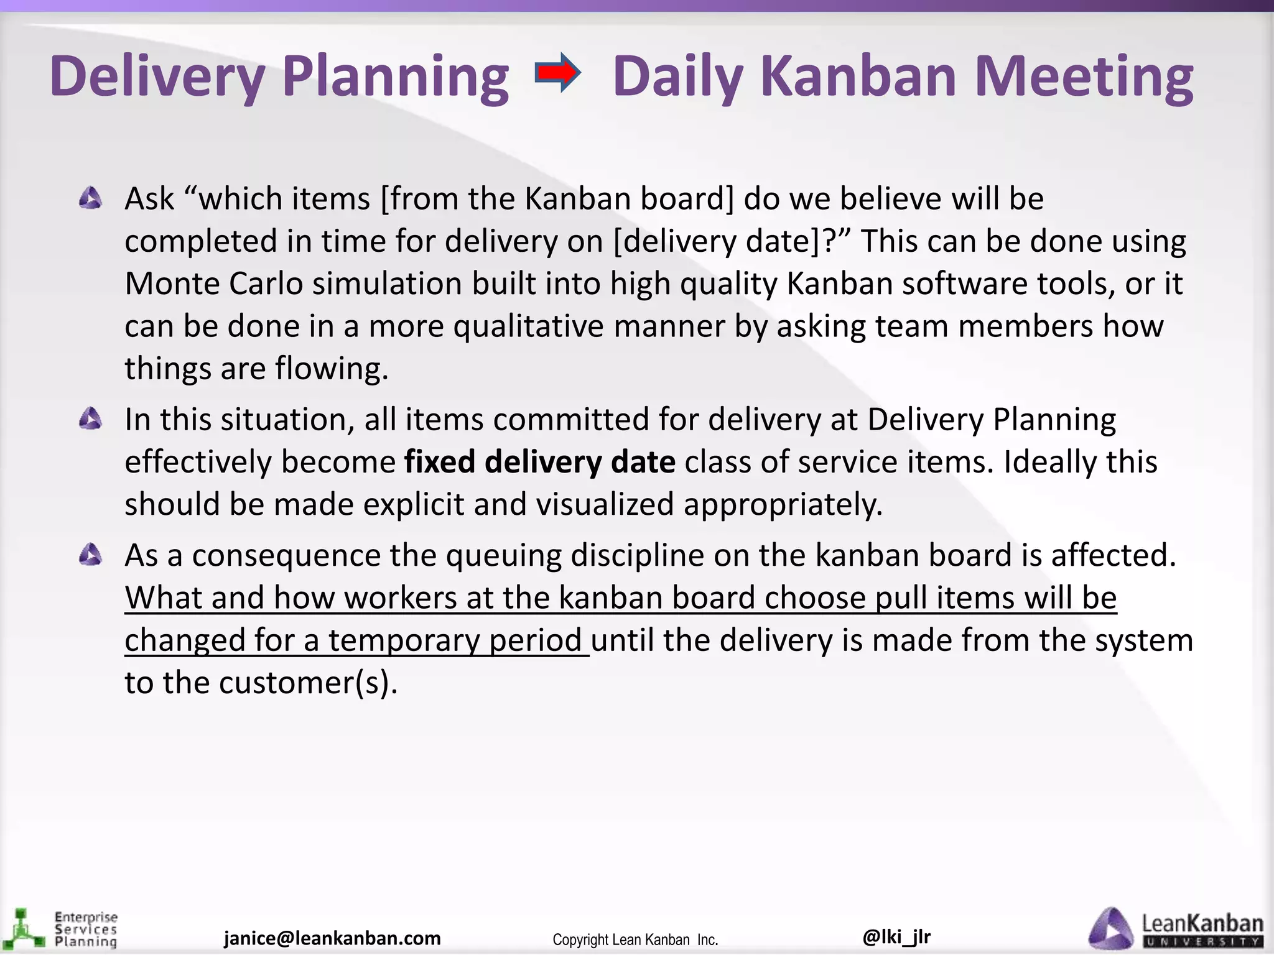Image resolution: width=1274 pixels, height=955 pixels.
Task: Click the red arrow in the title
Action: (x=558, y=73)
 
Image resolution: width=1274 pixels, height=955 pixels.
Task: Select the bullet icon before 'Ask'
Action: (x=91, y=199)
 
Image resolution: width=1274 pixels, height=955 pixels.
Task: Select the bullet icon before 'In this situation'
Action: (x=91, y=419)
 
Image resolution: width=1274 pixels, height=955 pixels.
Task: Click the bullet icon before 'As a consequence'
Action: (x=91, y=555)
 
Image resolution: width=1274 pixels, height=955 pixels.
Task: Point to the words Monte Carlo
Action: (x=213, y=284)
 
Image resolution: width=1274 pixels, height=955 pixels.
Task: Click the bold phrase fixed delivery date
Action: (x=539, y=462)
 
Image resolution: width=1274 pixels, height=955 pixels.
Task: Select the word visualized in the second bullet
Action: (x=605, y=504)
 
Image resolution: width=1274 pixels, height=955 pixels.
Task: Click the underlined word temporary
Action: (x=404, y=640)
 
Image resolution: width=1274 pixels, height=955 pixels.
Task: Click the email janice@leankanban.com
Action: (x=332, y=938)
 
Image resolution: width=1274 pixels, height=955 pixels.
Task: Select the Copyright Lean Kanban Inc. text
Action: (x=635, y=939)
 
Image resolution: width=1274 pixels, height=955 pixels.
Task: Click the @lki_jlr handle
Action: (x=896, y=936)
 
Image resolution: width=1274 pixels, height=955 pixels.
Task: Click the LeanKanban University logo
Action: (x=1176, y=930)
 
